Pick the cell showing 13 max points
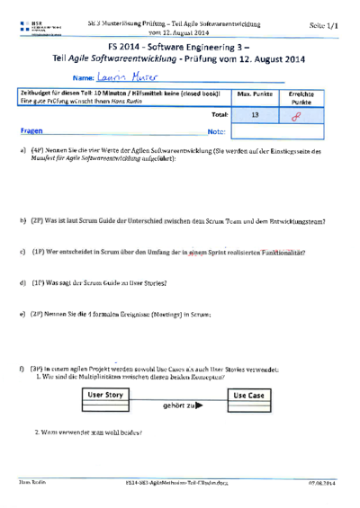[255, 114]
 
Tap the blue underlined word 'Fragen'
[32, 130]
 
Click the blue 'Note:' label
[215, 131]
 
